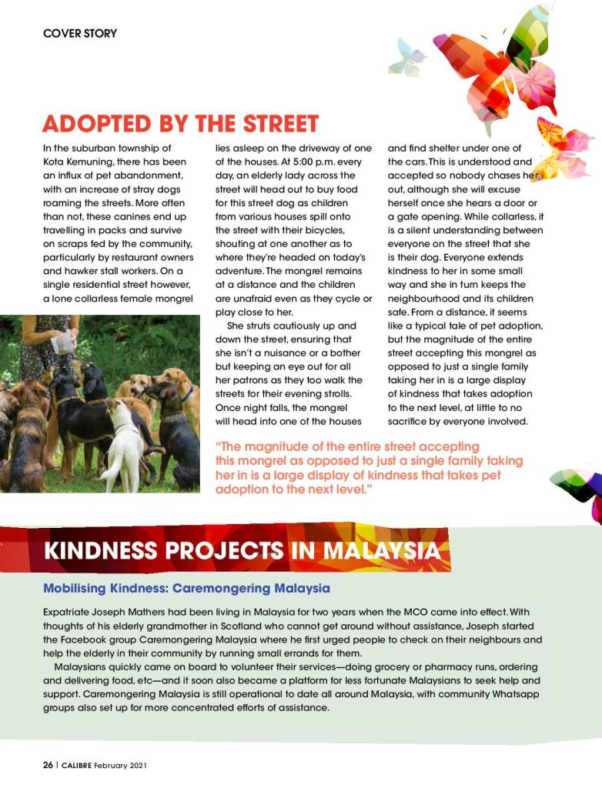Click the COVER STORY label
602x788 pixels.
click(x=80, y=34)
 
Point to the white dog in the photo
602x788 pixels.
click(x=125, y=446)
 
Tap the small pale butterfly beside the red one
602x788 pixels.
click(x=407, y=58)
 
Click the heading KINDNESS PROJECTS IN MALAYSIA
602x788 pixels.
click(x=242, y=551)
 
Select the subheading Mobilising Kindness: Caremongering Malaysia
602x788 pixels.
click(x=186, y=589)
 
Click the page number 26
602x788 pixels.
click(x=48, y=766)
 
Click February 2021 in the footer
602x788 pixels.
click(x=123, y=766)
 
